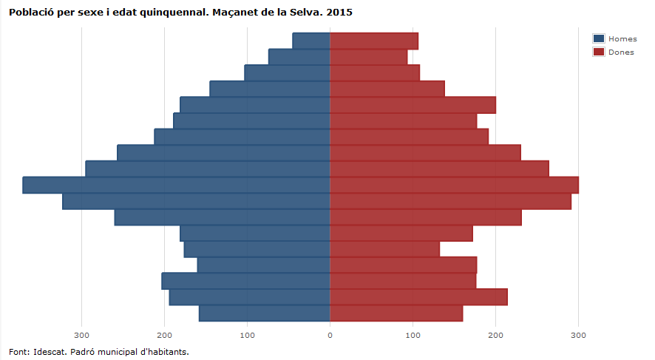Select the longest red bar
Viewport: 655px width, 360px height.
454,185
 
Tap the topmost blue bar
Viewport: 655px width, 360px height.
311,41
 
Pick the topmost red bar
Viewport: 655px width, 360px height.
374,41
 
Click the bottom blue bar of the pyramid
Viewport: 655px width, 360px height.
264,313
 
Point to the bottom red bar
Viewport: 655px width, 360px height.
396,313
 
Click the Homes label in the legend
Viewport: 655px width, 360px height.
622,38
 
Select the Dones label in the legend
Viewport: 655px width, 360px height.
621,52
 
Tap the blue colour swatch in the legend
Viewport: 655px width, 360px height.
599,38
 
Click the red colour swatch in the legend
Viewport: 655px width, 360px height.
599,52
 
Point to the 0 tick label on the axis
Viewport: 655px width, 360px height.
330,336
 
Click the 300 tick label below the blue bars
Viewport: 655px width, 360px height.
81,336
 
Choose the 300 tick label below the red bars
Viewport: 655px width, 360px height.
578,336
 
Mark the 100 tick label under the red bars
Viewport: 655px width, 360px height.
413,336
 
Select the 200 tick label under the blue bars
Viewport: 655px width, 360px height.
164,336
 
